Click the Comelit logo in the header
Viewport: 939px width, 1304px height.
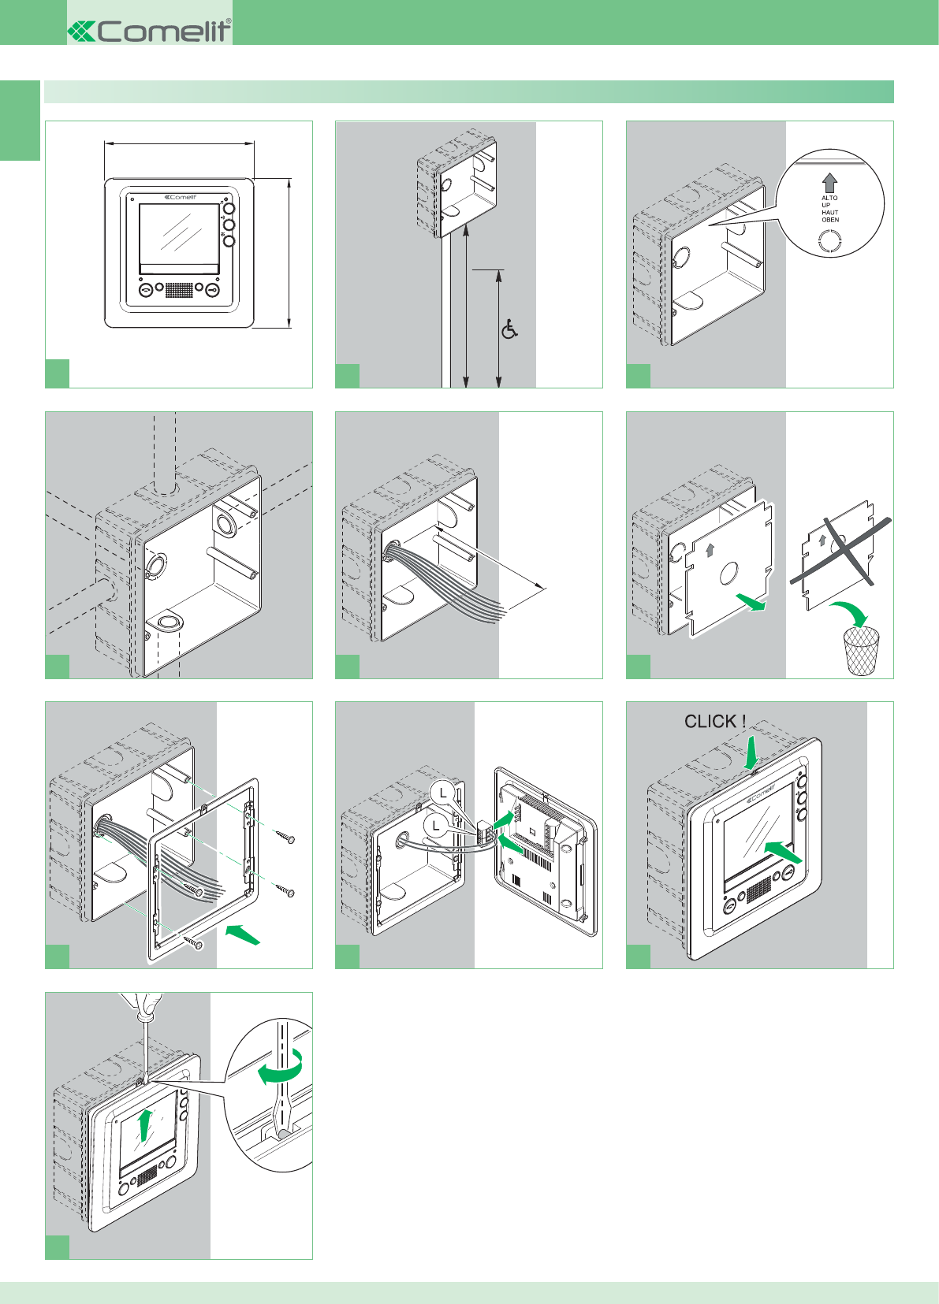click(x=150, y=31)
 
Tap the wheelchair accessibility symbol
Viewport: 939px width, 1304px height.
click(x=510, y=329)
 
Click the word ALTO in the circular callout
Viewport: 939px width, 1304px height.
click(x=829, y=199)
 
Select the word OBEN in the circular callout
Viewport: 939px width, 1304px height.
click(x=830, y=220)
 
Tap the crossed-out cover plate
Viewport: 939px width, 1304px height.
click(x=838, y=553)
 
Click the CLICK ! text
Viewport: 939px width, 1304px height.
click(x=715, y=722)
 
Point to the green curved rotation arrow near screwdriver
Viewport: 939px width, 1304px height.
click(x=281, y=1069)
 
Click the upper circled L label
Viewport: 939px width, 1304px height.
click(x=445, y=792)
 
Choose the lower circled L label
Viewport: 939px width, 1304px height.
click(x=436, y=826)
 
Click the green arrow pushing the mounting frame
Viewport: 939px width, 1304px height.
click(x=243, y=935)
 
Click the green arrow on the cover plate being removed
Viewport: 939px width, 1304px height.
click(x=751, y=603)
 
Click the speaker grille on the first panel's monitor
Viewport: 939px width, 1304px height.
click(x=180, y=289)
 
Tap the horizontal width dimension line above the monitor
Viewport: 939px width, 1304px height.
click(x=179, y=143)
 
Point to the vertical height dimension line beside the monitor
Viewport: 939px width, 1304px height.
click(x=290, y=252)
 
